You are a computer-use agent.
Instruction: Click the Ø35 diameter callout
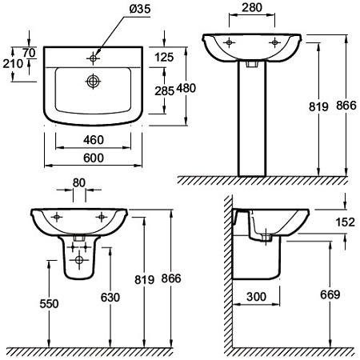coord(140,9)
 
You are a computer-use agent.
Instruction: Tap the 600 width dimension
coord(94,158)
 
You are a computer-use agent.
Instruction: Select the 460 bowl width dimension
coord(94,140)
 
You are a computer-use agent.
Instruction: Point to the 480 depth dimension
coord(186,88)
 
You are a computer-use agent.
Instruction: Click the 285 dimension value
coord(165,91)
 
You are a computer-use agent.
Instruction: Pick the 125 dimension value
coord(164,58)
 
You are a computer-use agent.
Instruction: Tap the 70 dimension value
coord(29,53)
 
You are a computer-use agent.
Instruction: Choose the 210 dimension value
coord(13,64)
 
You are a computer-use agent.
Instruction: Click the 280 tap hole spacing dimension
coord(252,7)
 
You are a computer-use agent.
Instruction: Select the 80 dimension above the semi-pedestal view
coord(79,183)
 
